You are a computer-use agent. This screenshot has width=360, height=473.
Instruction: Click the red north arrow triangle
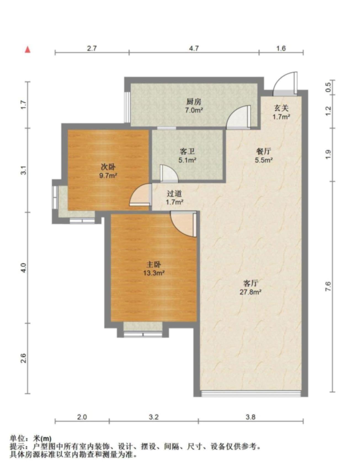(28, 50)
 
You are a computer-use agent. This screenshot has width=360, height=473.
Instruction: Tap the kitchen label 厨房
(194, 102)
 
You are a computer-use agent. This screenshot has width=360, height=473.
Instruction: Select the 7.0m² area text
(194, 110)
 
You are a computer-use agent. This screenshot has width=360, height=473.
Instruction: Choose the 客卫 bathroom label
(187, 152)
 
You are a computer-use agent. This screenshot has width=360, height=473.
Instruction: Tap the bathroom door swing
(169, 174)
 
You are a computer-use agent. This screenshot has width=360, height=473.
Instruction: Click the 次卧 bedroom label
(108, 167)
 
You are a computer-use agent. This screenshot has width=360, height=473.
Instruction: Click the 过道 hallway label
(174, 194)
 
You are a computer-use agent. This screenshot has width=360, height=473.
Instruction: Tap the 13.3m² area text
(154, 273)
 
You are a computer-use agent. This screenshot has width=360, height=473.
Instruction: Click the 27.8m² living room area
(250, 292)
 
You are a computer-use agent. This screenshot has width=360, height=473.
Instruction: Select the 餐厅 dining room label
(264, 152)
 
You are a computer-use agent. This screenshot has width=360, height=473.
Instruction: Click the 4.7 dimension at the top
(194, 48)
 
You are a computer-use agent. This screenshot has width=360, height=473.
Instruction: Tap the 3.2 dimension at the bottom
(154, 417)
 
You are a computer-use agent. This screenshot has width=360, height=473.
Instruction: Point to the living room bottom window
(251, 394)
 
